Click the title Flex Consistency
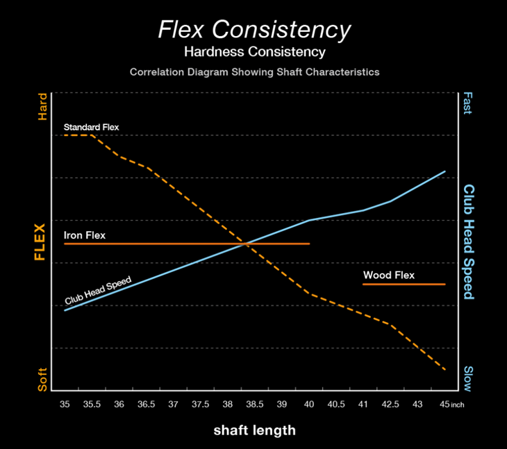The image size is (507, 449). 253,30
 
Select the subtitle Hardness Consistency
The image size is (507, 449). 253,52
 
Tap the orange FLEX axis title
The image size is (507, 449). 40,242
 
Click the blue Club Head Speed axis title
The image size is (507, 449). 469,242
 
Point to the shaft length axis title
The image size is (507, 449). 253,430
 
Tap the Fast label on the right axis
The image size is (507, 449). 467,103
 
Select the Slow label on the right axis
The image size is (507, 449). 467,380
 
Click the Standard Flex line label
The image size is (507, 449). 91,127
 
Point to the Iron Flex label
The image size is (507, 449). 85,235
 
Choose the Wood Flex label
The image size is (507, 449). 389,276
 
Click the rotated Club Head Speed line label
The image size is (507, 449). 99,289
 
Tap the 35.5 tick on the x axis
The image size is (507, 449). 92,404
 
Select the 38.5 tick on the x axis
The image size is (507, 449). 254,404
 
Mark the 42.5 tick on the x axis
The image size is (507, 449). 390,404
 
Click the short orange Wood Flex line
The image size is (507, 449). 404,285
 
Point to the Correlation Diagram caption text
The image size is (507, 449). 253,72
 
